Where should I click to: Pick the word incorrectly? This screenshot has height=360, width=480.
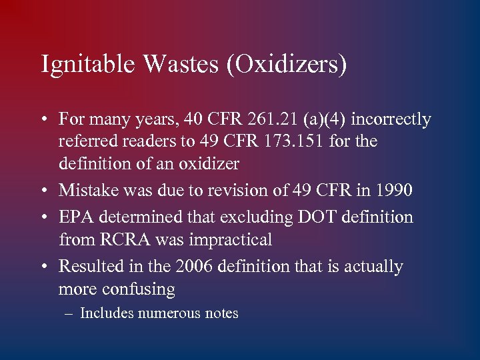[x=391, y=120]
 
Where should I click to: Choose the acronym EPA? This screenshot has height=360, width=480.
[x=75, y=217]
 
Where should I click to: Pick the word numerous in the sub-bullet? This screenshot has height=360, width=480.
[x=169, y=313]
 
